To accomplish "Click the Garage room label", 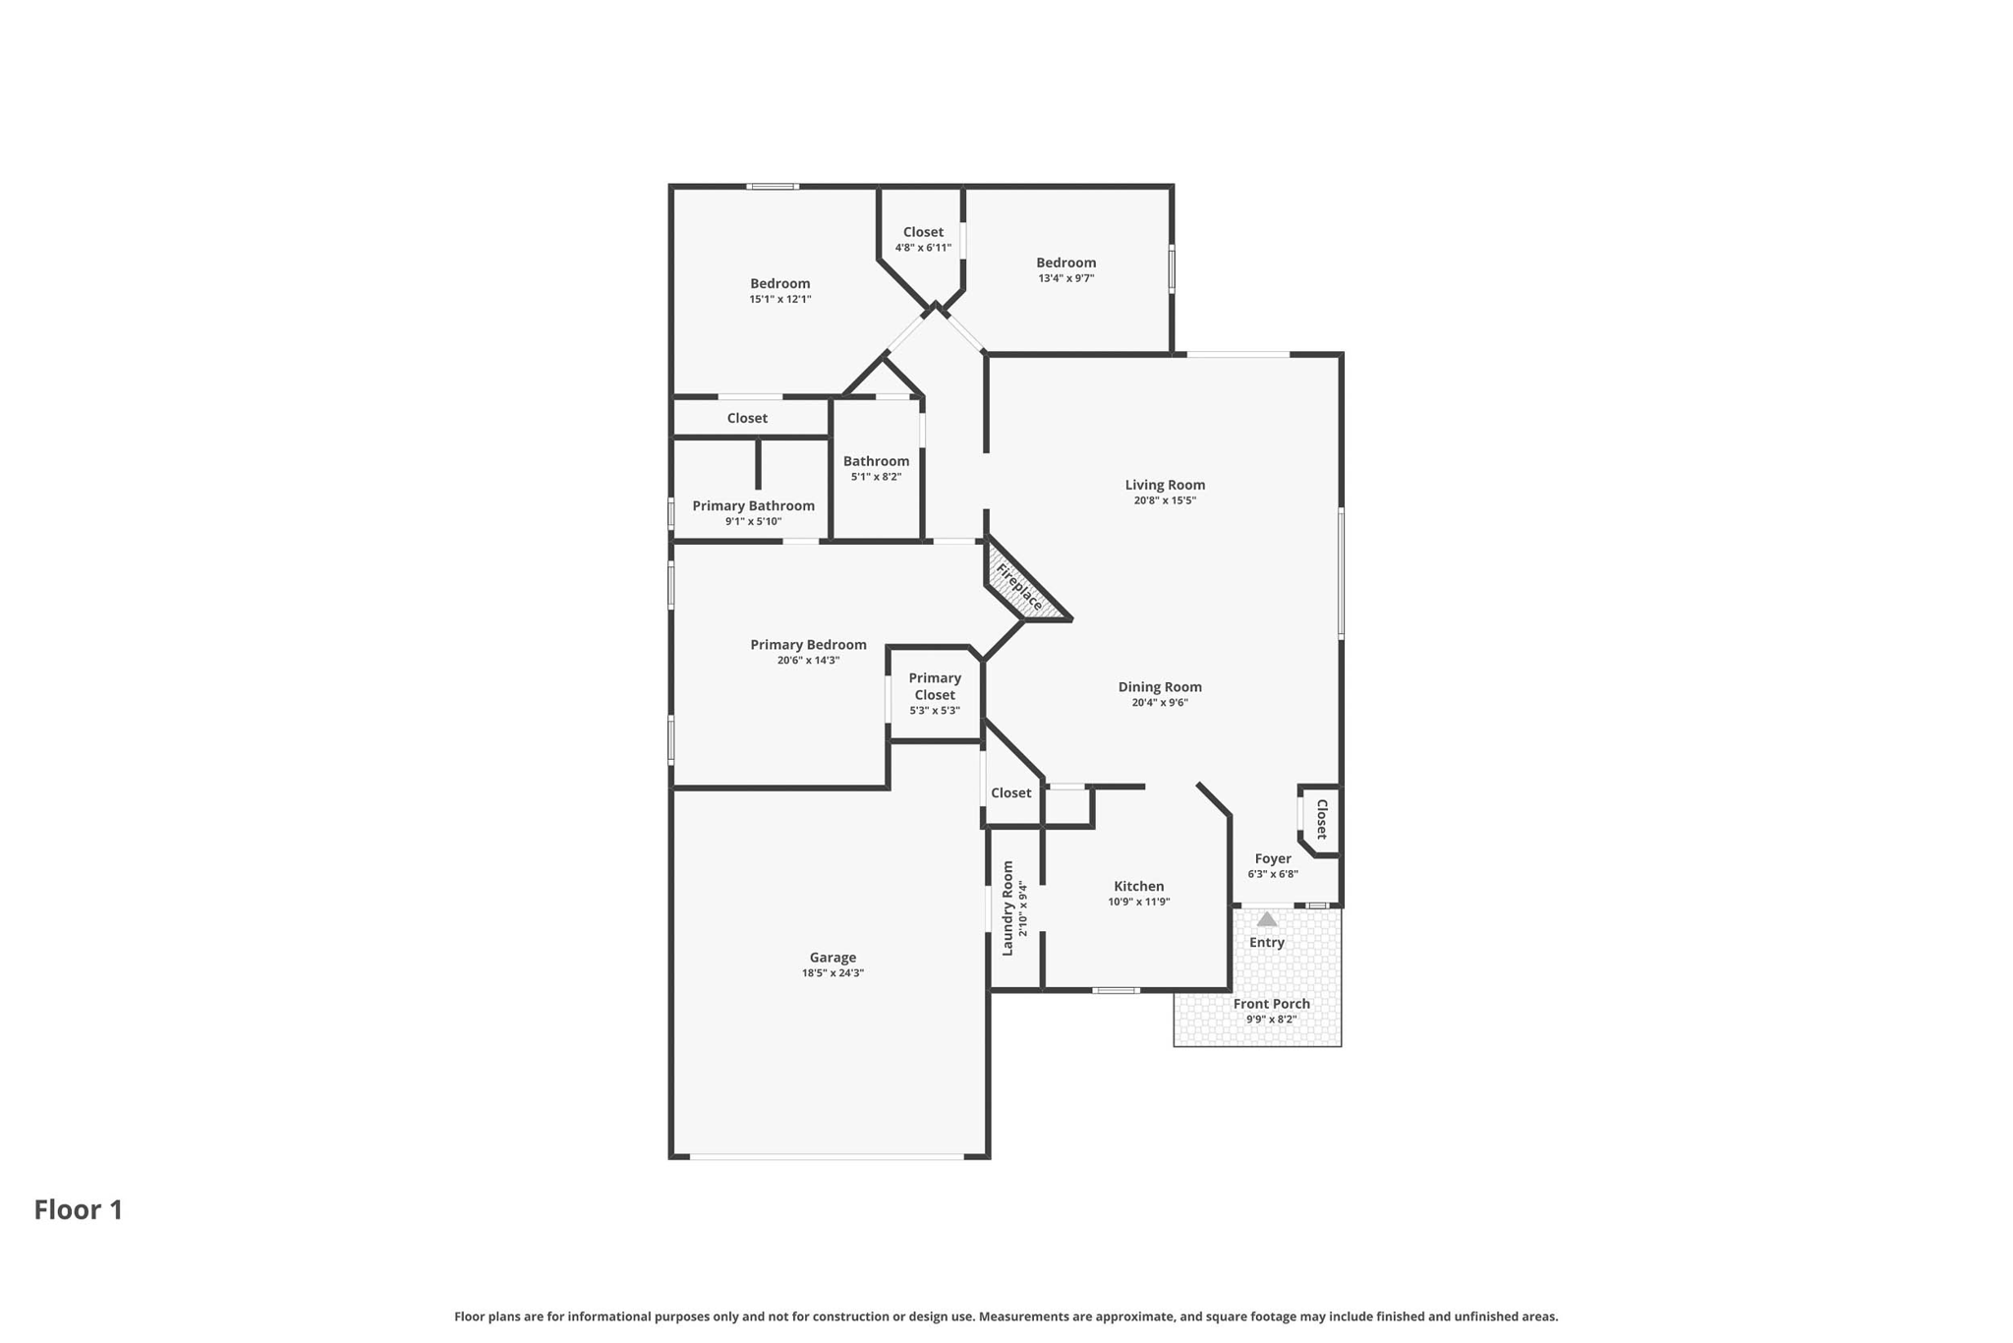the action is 833,958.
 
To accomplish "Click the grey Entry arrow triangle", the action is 1267,919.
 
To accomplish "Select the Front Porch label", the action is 1272,1004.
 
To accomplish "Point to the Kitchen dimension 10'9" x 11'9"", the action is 1139,902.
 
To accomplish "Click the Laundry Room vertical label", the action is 1007,908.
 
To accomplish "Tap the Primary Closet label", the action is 935,686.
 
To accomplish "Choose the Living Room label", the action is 1165,485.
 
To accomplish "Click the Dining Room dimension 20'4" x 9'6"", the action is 1160,702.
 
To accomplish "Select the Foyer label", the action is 1273,858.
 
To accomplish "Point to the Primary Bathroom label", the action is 753,505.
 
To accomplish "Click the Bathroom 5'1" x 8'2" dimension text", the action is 876,477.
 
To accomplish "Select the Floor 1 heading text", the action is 79,1209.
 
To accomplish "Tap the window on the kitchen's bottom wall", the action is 1116,990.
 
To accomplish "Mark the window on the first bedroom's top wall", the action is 772,186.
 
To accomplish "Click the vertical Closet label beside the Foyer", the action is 1322,819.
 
